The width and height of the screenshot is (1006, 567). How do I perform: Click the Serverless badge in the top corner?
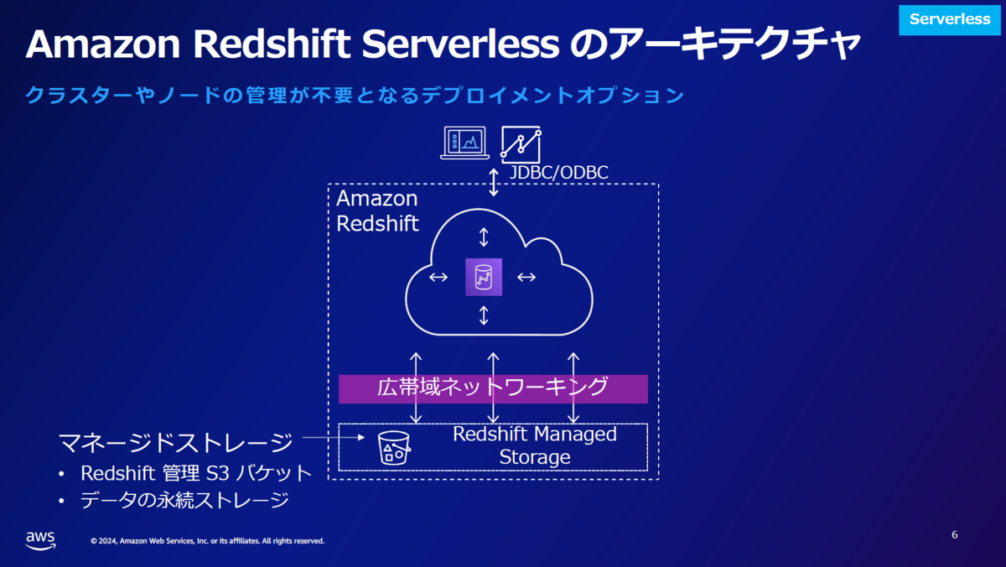949,20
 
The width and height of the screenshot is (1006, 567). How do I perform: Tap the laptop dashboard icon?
464,143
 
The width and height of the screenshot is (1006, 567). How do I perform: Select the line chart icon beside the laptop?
521,144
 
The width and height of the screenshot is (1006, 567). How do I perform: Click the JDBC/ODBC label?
558,173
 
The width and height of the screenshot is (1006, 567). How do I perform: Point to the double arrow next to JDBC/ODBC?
494,182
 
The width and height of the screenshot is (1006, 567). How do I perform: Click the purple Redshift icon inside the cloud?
484,278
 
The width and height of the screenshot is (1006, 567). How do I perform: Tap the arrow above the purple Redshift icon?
484,237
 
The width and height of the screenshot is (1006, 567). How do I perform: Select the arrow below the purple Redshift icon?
484,315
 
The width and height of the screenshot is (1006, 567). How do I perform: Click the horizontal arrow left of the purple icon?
438,278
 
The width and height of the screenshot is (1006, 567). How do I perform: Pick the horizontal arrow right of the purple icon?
526,278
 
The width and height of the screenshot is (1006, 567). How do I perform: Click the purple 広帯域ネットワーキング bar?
493,389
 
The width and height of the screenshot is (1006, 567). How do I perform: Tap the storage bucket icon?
394,448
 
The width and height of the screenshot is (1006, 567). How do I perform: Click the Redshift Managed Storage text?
535,445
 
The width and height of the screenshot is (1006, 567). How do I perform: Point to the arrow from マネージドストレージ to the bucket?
334,437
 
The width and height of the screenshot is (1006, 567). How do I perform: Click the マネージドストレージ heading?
175,443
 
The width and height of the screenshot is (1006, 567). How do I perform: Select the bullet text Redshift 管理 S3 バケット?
196,473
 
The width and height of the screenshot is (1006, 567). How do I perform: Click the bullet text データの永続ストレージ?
184,500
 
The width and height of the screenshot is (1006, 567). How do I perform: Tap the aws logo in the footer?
41,540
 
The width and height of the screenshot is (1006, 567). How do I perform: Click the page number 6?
954,534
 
